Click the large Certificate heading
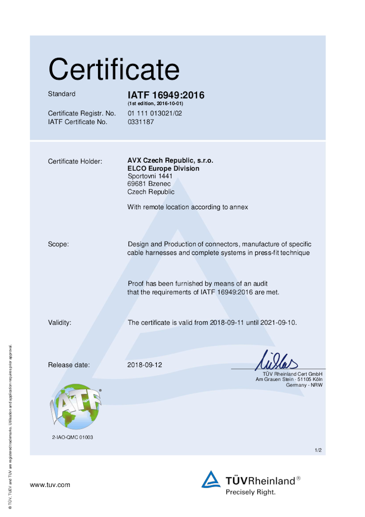pos(114,70)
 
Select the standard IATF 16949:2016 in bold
pos(166,95)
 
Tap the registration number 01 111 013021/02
pos(154,114)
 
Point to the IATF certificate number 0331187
pos(141,122)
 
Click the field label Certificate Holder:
pos(75,162)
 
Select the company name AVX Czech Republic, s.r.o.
pos(170,161)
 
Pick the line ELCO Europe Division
pos(163,168)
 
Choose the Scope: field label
pos(58,244)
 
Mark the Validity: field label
pos(60,323)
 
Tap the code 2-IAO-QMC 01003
pos(73,437)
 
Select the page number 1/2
pos(318,451)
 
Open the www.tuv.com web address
pos(50,484)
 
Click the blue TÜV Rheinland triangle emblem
pos(211,479)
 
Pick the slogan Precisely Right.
pos(251,492)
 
